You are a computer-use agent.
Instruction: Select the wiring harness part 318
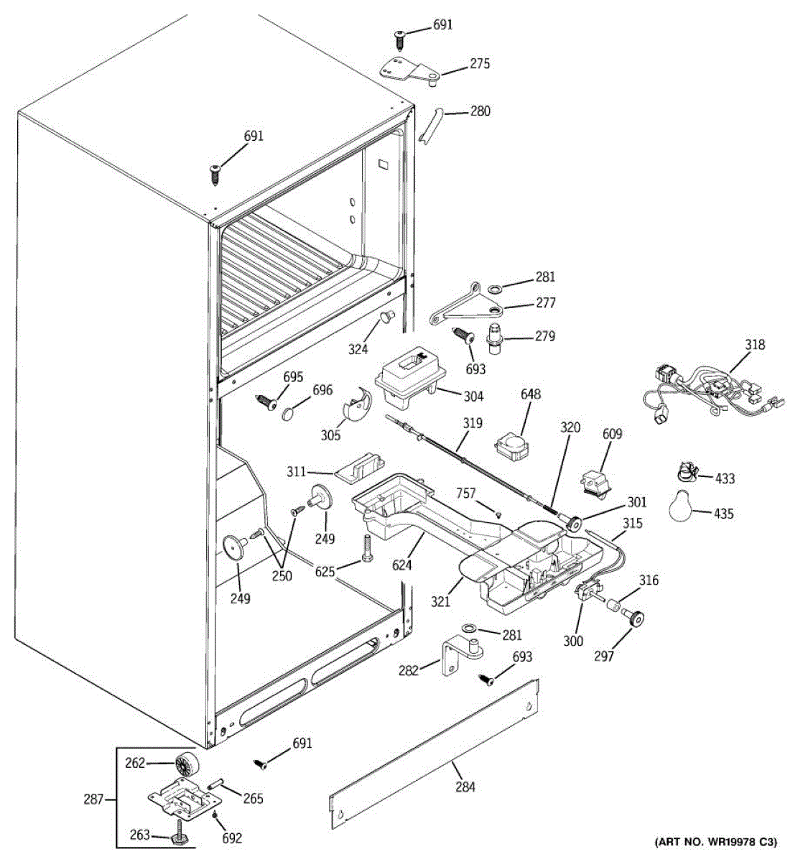(712, 393)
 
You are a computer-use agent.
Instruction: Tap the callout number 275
(479, 64)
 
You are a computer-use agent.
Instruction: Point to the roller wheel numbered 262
(186, 764)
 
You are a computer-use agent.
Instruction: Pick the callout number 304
(473, 397)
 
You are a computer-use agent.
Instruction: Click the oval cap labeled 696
(289, 414)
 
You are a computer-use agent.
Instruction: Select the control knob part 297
(634, 617)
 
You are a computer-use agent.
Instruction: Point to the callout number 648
(530, 394)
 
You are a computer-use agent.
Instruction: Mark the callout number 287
(94, 799)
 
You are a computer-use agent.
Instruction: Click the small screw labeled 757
(498, 515)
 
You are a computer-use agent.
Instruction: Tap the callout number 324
(358, 348)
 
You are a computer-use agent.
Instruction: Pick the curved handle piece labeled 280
(429, 125)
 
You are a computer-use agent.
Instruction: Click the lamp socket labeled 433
(687, 472)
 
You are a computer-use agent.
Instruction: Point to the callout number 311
(297, 471)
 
